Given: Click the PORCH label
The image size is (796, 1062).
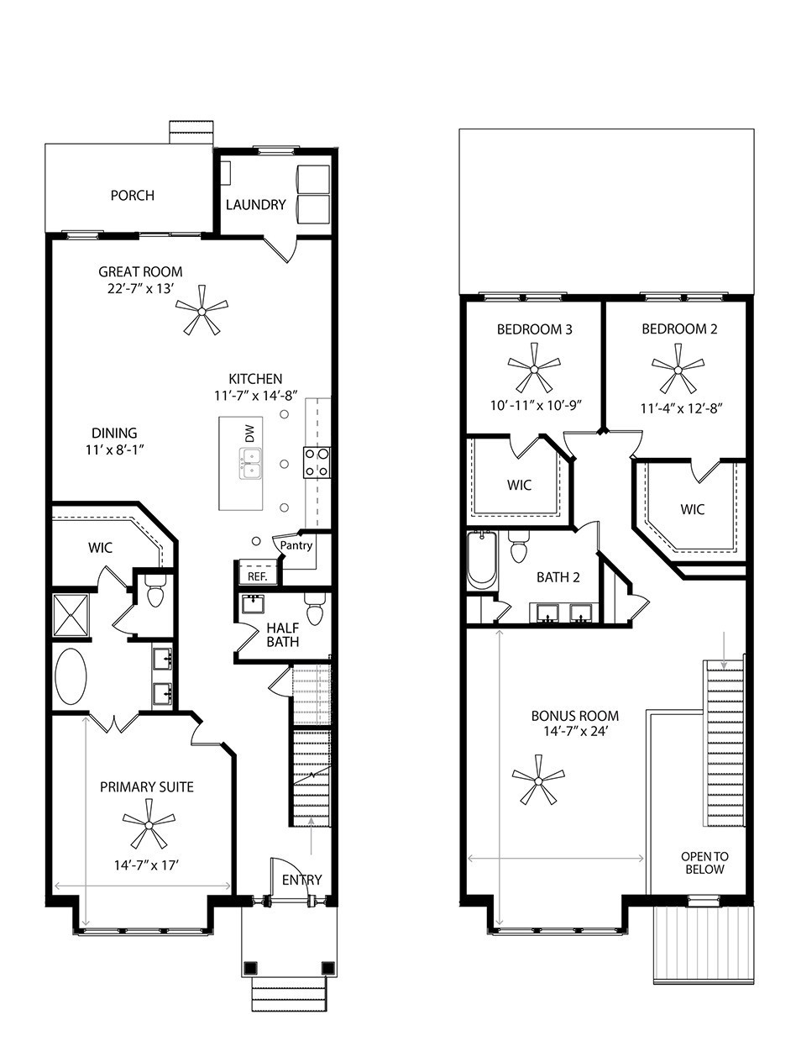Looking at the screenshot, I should [133, 196].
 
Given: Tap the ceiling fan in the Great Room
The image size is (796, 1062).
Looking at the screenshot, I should [202, 310].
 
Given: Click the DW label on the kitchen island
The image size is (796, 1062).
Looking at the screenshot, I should [249, 434].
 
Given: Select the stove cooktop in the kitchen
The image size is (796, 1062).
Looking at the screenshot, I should [317, 462].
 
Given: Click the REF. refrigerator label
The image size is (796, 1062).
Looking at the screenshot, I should [257, 576].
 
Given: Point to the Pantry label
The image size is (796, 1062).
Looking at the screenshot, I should [296, 545].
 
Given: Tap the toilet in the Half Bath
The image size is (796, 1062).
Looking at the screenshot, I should [315, 610].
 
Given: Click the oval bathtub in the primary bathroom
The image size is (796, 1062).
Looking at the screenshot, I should [71, 677].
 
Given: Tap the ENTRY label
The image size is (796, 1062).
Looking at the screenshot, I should [301, 880].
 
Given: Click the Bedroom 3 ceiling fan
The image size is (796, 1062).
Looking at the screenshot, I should [534, 367].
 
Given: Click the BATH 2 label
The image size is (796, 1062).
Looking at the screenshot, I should [554, 577].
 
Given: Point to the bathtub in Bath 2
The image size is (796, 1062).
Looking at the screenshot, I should [482, 560].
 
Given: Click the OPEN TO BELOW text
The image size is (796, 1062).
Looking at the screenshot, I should [704, 863].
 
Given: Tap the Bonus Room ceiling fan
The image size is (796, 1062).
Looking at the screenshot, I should [537, 780].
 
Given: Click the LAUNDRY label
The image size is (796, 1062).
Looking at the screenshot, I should [256, 204].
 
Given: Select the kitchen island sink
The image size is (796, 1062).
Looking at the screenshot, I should [250, 463].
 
